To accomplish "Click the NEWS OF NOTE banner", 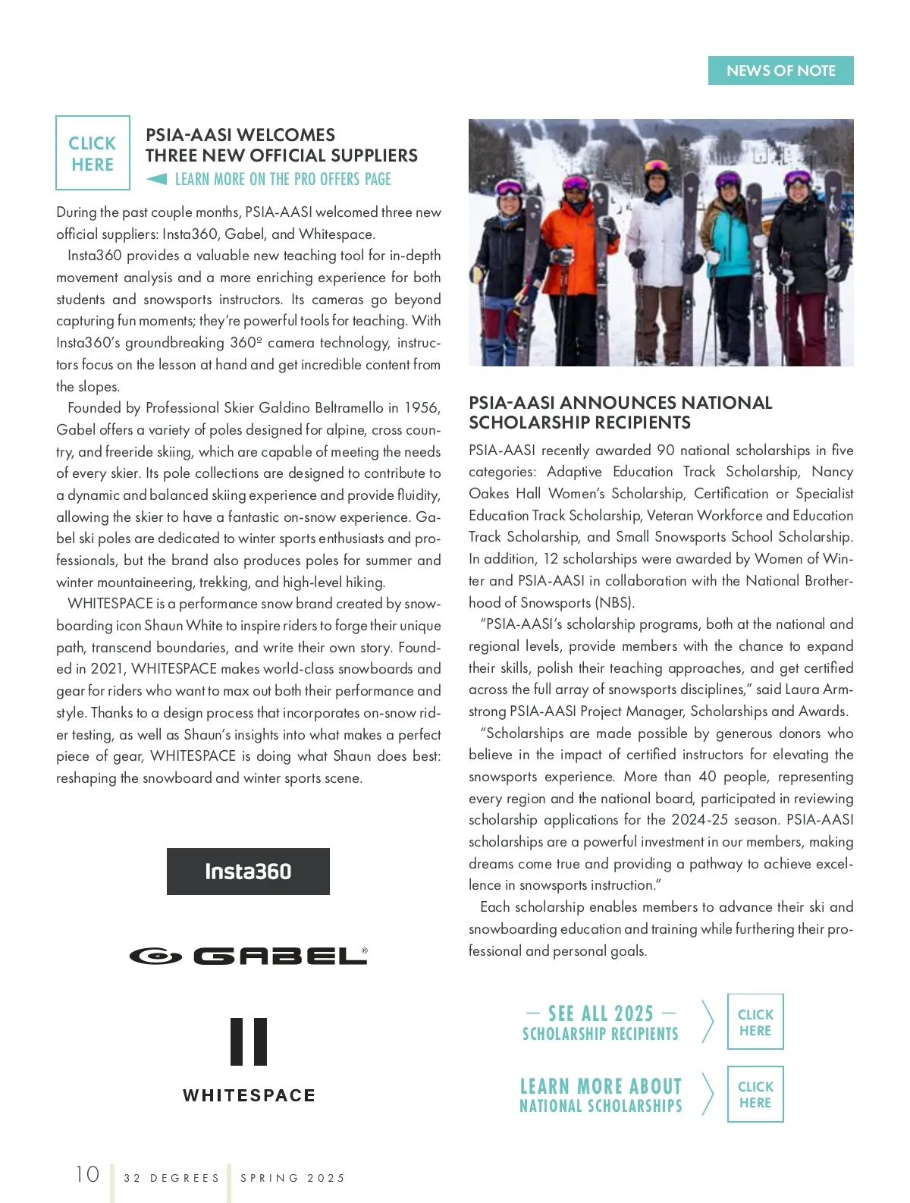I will (x=780, y=71).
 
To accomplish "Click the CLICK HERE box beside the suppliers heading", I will (x=93, y=153).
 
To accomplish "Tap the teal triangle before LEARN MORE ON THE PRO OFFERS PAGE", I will (x=157, y=179).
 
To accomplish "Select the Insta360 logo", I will (x=248, y=872).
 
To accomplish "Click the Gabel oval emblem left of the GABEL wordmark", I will (x=155, y=956).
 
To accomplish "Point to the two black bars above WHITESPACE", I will (x=249, y=1041).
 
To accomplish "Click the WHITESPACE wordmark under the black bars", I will (x=249, y=1095).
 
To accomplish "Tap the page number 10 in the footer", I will (x=87, y=1174).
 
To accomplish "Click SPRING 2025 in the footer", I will (x=293, y=1178).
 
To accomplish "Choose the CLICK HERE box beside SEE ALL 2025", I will (x=755, y=1022).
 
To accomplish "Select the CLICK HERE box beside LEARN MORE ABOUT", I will (x=755, y=1094).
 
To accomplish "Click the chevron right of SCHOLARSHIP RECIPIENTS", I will (x=708, y=1022).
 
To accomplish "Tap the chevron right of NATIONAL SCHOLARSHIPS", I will (x=708, y=1094).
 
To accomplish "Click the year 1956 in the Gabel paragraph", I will (x=422, y=408).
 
